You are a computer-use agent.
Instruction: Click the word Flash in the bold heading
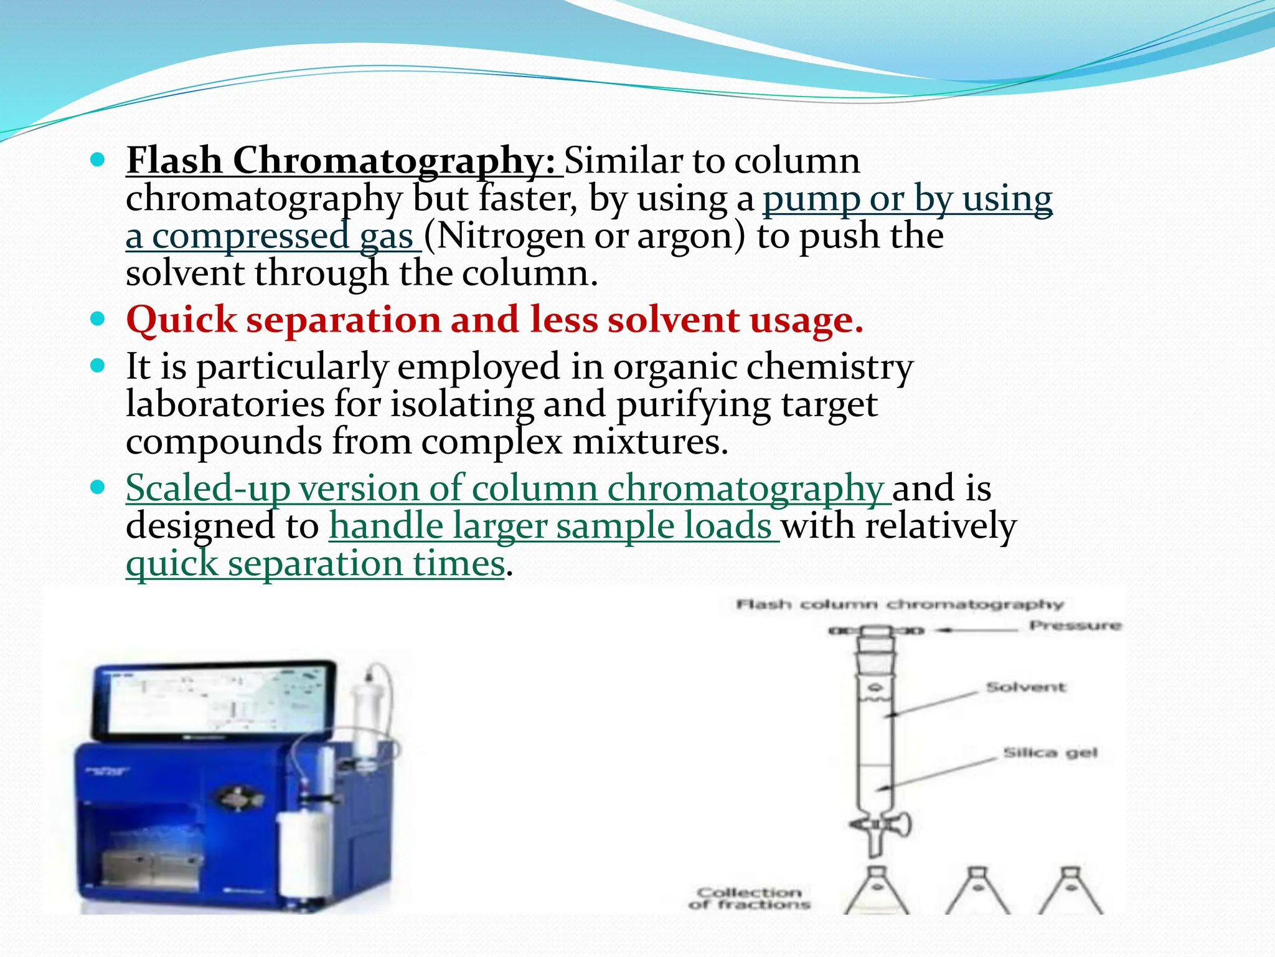[174, 160]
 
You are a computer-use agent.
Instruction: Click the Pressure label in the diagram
[1075, 625]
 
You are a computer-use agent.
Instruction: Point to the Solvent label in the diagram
[1025, 687]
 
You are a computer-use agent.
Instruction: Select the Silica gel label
[1050, 753]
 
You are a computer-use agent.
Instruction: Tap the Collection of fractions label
[750, 898]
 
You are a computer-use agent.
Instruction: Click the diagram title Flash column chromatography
[900, 604]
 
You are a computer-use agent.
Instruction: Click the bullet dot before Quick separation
[98, 320]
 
